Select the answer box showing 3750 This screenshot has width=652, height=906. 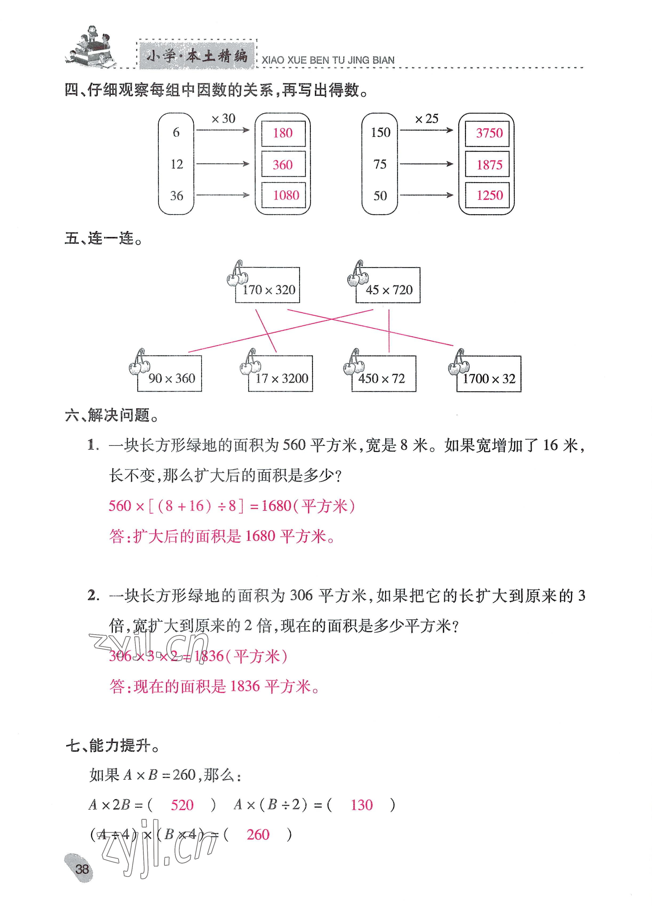pos(487,133)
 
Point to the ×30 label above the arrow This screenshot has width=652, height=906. pos(224,119)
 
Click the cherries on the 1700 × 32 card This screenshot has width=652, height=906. pos(459,363)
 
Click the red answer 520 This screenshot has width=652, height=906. pos(182,805)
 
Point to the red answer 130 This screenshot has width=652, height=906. pos(361,805)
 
